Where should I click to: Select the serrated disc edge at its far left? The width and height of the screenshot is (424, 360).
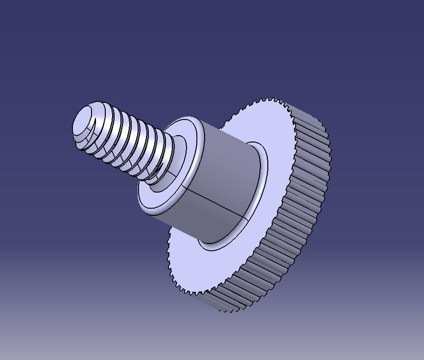click(169, 250)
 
